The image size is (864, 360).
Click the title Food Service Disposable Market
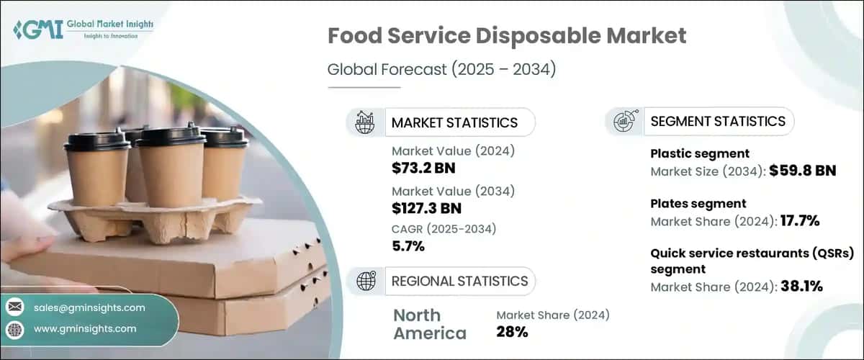507,35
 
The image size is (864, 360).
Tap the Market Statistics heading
454,122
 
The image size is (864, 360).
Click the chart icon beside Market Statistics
365,122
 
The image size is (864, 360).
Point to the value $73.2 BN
424,168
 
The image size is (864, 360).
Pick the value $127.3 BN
427,208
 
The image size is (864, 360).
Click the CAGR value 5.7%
408,247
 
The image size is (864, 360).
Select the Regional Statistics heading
459,281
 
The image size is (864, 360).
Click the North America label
430,324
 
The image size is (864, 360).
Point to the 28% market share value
512,332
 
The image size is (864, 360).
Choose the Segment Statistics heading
718,122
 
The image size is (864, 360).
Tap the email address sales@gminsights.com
90,307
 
